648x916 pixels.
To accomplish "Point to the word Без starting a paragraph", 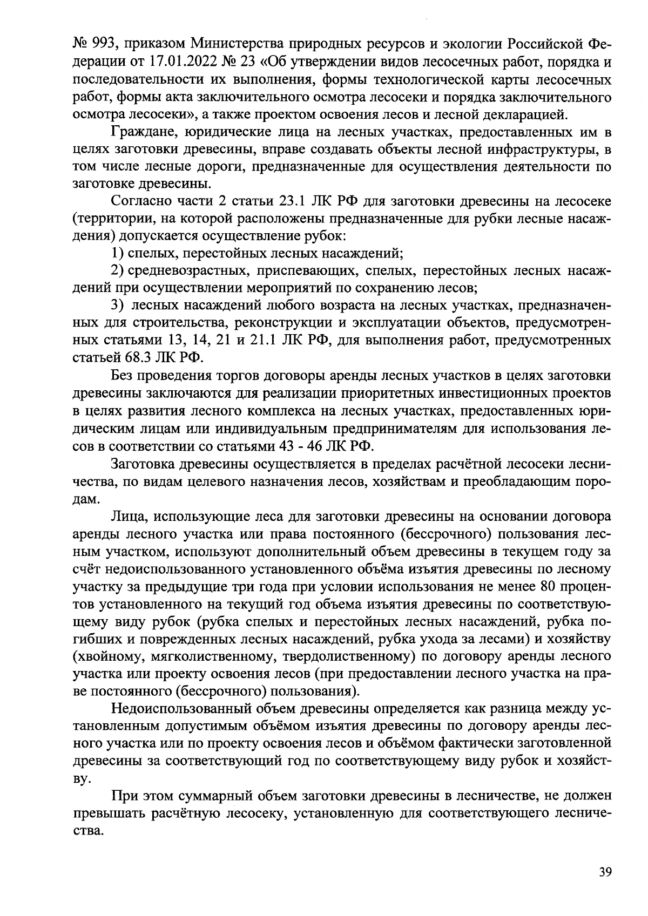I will point(122,375).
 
